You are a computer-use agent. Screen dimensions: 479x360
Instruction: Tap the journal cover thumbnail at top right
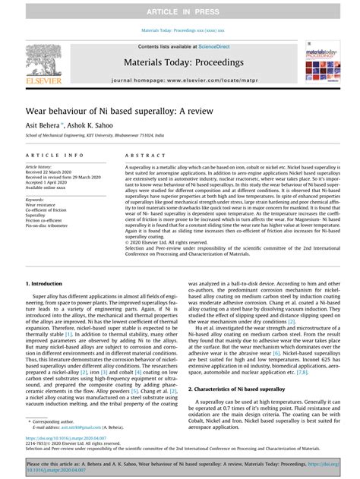323,61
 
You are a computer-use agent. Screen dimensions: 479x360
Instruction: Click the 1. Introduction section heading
44,283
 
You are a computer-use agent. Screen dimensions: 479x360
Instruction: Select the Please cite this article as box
179,465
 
